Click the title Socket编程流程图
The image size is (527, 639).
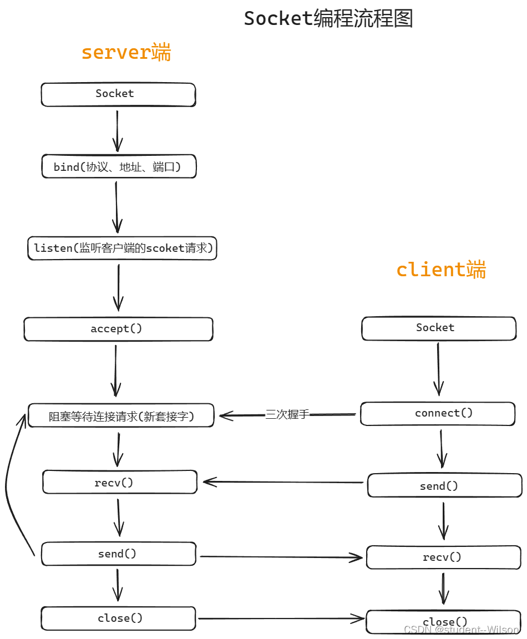click(328, 19)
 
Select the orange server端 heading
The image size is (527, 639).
click(126, 53)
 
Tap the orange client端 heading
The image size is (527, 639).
click(441, 270)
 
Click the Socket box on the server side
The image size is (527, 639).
click(118, 94)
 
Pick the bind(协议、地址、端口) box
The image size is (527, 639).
click(119, 166)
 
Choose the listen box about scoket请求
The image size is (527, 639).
click(122, 248)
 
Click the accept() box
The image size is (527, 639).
click(118, 329)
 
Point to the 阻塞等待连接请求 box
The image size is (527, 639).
click(121, 415)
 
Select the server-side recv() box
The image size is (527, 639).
click(120, 482)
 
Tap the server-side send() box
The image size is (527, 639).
click(118, 554)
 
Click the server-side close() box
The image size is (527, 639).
click(118, 618)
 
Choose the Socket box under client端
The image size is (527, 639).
click(438, 328)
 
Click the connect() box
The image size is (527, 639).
click(438, 414)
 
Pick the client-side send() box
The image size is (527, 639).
click(444, 485)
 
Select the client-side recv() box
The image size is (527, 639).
click(443, 557)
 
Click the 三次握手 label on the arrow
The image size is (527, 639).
click(287, 414)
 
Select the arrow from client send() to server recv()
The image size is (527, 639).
click(283, 482)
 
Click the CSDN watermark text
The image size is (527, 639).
click(461, 630)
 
